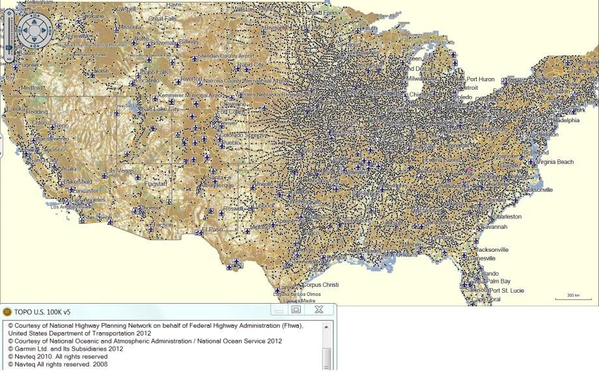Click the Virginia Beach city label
(x=555, y=162)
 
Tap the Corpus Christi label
(x=321, y=285)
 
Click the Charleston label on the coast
(x=507, y=217)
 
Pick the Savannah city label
(x=495, y=227)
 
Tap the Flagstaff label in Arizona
(x=158, y=184)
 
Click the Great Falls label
(x=163, y=19)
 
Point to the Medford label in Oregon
(x=33, y=87)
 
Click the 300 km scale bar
(x=572, y=297)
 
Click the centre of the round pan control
(x=33, y=29)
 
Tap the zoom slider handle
(x=9, y=47)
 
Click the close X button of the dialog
(x=319, y=310)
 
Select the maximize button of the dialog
(x=296, y=310)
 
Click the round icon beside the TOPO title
(x=7, y=312)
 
